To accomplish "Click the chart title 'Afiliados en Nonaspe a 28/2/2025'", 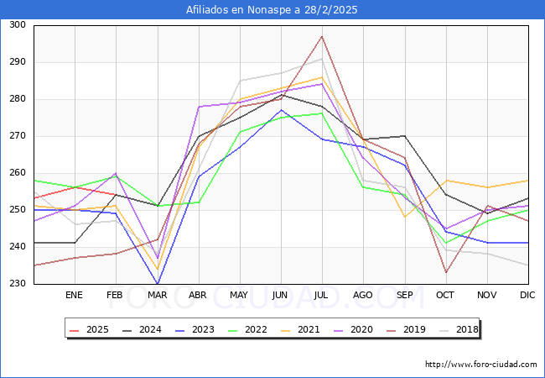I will [272, 10].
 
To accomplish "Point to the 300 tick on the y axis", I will [16, 25].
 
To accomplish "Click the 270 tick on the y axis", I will [16, 136].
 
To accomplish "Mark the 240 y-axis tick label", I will [16, 247].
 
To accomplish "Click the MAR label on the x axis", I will [157, 295].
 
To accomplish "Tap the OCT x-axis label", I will [445, 295].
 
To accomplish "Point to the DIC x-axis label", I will [527, 295].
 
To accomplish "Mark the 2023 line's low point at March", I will [157, 284].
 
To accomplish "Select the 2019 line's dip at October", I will [445, 272].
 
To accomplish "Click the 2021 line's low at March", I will [157, 269].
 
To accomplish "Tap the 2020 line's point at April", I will [199, 107].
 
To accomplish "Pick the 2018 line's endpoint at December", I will [527, 265].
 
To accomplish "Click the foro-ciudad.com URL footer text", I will [480, 365].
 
